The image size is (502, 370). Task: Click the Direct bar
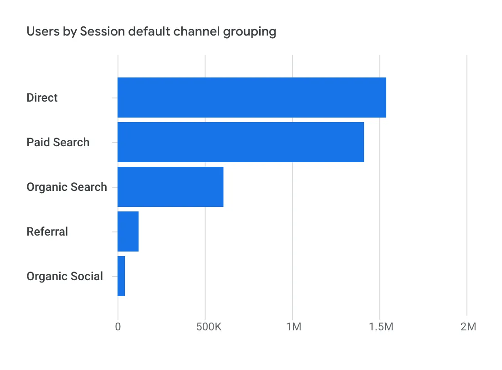(251, 98)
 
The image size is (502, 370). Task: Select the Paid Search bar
(241, 142)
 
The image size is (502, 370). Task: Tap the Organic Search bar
(170, 187)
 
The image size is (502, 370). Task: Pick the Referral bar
(128, 231)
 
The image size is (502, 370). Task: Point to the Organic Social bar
(121, 276)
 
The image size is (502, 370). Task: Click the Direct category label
(42, 98)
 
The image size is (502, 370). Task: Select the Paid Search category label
(58, 142)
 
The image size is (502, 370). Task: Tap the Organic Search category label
(67, 187)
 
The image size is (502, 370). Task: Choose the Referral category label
(47, 231)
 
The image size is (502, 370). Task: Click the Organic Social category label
(65, 276)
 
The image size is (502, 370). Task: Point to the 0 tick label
(118, 327)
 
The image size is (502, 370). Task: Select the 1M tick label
(292, 327)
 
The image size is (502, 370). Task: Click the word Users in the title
(39, 31)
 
